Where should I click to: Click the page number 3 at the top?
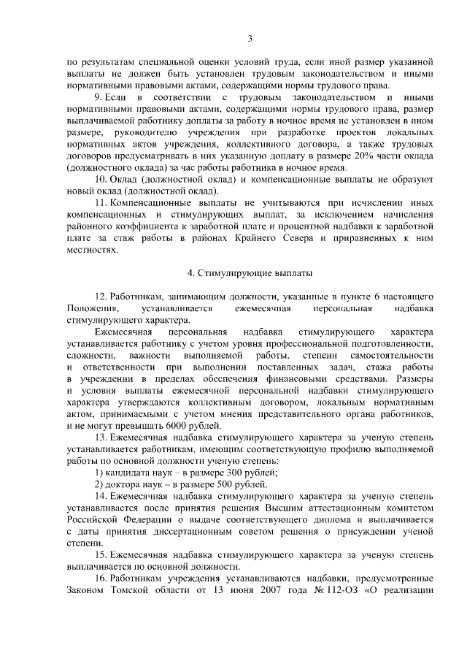[x=250, y=39]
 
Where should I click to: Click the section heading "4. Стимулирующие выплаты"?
[x=250, y=274]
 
